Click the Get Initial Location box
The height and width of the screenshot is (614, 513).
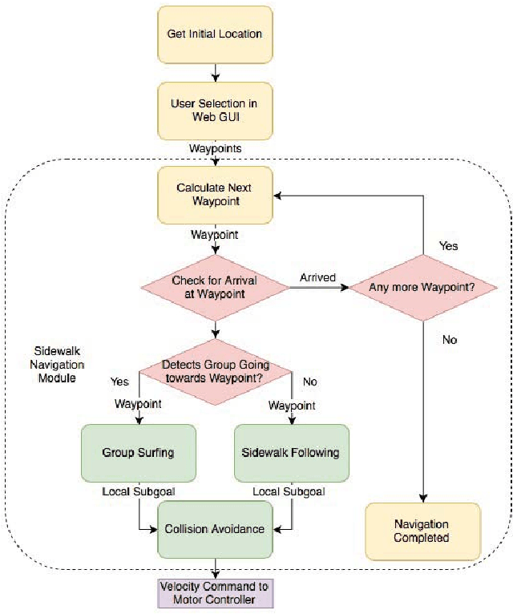[214, 34]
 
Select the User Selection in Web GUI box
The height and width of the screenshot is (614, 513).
[214, 111]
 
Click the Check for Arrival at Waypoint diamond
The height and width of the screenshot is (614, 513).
[214, 287]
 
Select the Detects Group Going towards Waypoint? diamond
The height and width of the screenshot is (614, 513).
[214, 371]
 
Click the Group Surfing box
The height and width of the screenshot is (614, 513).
[138, 452]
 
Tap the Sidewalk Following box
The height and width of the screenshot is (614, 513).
[290, 452]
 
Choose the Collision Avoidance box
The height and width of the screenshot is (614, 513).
[214, 528]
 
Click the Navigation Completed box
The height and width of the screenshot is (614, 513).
[422, 531]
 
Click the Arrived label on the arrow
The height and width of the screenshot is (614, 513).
[318, 277]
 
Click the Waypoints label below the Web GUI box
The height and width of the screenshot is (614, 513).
[214, 149]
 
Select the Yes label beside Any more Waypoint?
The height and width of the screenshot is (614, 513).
[449, 245]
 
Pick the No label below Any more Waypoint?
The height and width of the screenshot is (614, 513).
[449, 340]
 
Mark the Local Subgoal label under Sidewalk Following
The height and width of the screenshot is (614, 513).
[289, 491]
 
